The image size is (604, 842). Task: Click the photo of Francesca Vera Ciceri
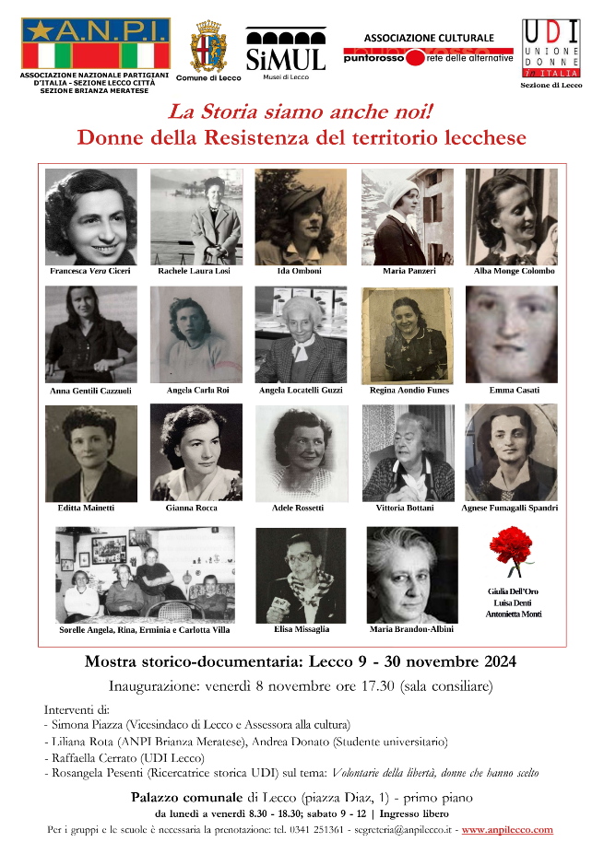90,217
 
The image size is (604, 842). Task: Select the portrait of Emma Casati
511,334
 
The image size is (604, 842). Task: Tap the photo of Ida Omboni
301,217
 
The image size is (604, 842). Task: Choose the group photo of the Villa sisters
145,575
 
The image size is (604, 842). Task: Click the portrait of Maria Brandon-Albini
411,575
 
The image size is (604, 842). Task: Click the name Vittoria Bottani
407,508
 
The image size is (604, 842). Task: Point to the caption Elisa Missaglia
302,629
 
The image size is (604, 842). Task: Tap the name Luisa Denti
513,602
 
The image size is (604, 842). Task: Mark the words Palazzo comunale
186,798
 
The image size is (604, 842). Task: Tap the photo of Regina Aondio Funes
407,334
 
